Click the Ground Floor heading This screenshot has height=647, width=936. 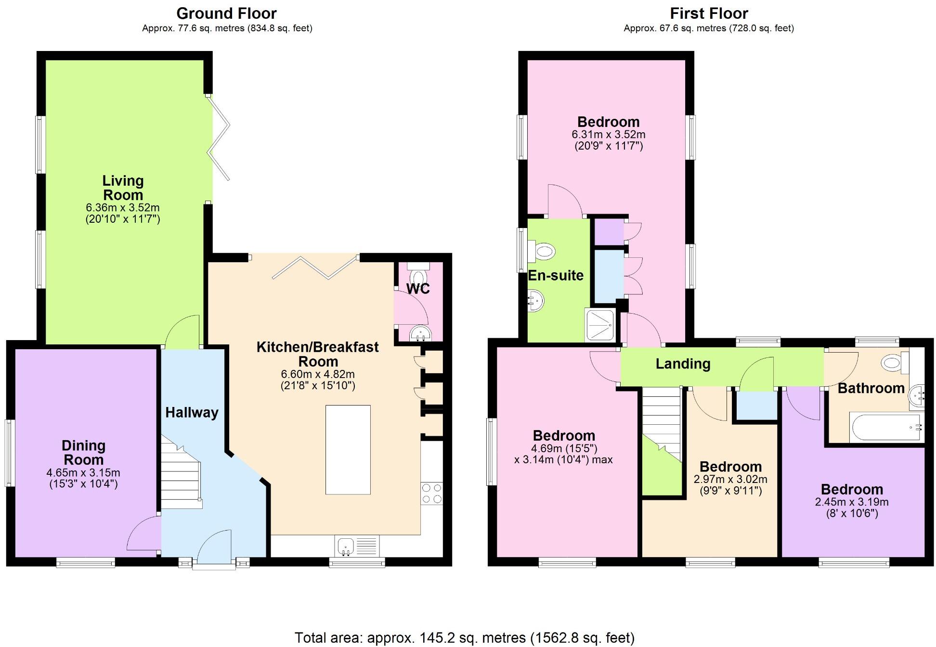click(x=226, y=13)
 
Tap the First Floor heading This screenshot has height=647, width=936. click(x=709, y=13)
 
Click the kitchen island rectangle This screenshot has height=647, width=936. click(x=348, y=450)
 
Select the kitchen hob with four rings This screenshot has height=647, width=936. click(x=431, y=494)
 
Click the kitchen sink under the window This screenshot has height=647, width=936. click(x=346, y=546)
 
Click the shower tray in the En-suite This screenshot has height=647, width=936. click(x=600, y=325)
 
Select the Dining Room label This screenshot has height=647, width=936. click(x=83, y=452)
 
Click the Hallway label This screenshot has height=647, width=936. click(x=192, y=412)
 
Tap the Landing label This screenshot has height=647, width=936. click(x=683, y=364)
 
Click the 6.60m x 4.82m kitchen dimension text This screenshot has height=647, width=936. click(x=318, y=374)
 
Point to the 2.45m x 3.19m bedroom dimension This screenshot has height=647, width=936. click(x=851, y=502)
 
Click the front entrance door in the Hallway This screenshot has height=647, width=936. click(x=214, y=548)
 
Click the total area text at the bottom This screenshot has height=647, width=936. click(x=464, y=638)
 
